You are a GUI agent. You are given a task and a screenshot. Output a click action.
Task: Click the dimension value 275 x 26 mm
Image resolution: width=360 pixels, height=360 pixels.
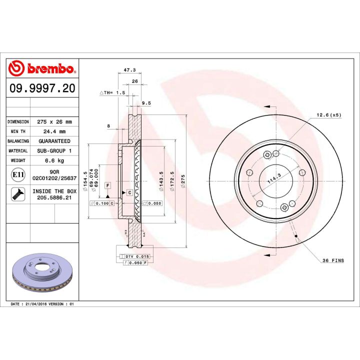click(55, 121)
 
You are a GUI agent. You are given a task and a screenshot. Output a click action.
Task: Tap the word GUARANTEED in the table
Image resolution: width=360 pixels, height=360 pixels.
click(55, 141)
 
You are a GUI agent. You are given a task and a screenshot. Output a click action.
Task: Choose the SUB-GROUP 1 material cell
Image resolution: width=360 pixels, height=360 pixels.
click(55, 150)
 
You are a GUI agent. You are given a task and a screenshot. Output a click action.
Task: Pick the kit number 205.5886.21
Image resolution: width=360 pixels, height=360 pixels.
click(55, 197)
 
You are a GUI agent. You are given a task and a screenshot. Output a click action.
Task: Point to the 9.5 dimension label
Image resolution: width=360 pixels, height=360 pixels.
click(146, 103)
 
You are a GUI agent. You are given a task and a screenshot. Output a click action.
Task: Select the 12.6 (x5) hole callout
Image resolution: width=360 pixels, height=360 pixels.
click(328, 115)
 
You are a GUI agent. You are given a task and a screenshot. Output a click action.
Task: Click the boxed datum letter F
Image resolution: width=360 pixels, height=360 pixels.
click(107, 185)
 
